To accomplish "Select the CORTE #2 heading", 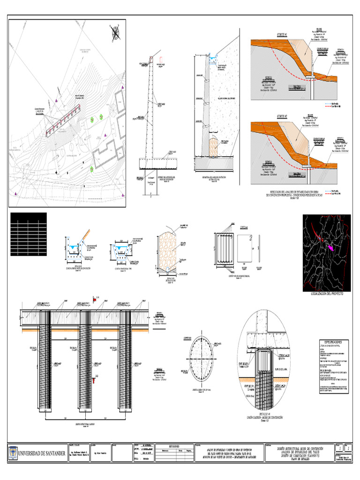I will tap(283, 115).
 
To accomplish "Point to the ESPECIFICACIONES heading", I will tap(334, 342).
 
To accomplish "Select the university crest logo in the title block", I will tap(13, 453).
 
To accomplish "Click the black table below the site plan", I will tap(28, 227).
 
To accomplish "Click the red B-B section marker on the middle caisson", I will tap(94, 377).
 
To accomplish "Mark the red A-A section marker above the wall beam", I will tap(96, 298).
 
